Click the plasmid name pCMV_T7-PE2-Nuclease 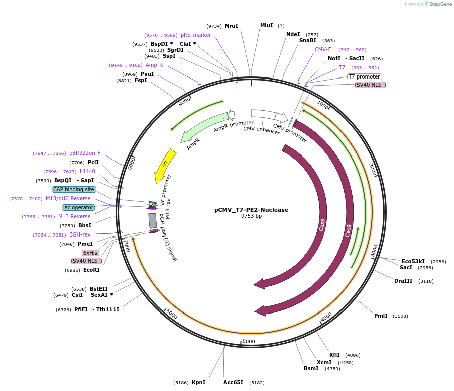coord(251,209)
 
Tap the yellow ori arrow coord(165,165)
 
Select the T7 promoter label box coord(364,76)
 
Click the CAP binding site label coord(73,189)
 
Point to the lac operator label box coord(78,207)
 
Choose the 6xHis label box coord(90,253)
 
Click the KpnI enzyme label coord(198,382)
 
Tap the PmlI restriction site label coord(381,316)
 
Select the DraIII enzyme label coord(403,281)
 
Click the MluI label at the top coord(267,25)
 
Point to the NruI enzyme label coord(232,26)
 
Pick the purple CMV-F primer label coord(323,49)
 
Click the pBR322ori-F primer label coord(85,153)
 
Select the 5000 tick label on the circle coord(249,341)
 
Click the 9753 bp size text coord(251,216)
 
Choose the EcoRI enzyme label coord(91,270)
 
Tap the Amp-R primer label coord(154,65)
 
